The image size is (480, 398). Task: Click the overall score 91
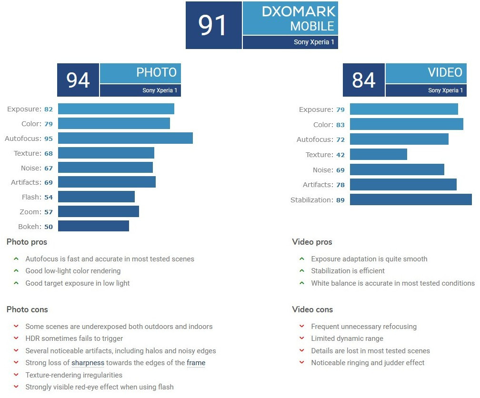click(213, 25)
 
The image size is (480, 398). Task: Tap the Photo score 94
click(78, 80)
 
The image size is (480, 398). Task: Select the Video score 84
click(364, 80)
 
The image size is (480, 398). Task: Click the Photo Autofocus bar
click(125, 138)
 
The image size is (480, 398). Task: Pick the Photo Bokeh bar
click(93, 226)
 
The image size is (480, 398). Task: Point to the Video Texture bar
click(379, 154)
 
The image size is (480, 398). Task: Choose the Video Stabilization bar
click(410, 199)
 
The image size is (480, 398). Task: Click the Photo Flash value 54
click(49, 197)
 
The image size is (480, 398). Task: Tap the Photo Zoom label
click(29, 212)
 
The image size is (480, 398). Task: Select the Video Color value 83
click(340, 125)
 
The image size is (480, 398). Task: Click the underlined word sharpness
click(88, 363)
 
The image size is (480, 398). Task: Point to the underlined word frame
click(196, 363)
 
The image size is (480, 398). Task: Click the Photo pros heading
click(27, 242)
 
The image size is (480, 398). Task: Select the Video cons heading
click(312, 309)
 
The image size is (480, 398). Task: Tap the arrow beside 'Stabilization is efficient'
click(301, 271)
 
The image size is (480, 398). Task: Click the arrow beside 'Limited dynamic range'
click(301, 338)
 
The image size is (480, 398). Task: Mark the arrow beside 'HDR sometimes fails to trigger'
click(16, 338)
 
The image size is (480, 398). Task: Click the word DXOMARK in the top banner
click(299, 11)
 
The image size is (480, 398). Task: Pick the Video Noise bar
click(397, 169)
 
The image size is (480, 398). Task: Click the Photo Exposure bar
click(116, 109)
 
